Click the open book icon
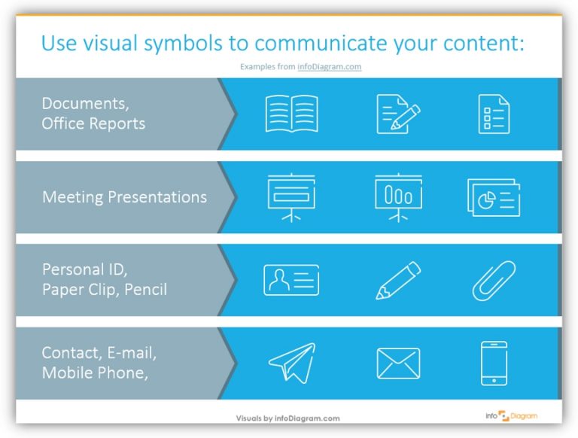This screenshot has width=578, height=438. (291, 114)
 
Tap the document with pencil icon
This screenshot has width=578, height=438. (397, 114)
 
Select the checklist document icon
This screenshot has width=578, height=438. (494, 114)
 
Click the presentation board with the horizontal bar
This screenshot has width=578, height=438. (291, 197)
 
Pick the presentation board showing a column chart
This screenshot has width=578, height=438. (397, 197)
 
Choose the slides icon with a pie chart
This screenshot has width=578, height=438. (494, 198)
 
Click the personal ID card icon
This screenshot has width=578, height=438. (291, 280)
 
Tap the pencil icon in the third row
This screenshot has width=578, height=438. (398, 280)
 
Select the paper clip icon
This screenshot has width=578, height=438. (494, 281)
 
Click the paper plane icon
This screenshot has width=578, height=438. (291, 363)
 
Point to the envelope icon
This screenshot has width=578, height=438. (398, 363)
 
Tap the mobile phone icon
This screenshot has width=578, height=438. (494, 363)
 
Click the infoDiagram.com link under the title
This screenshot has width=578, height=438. (334, 66)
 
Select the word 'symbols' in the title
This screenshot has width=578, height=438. (175, 44)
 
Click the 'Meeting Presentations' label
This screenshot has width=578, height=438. (124, 197)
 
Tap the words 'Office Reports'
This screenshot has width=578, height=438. (93, 123)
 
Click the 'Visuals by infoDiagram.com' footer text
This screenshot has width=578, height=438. (287, 418)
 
